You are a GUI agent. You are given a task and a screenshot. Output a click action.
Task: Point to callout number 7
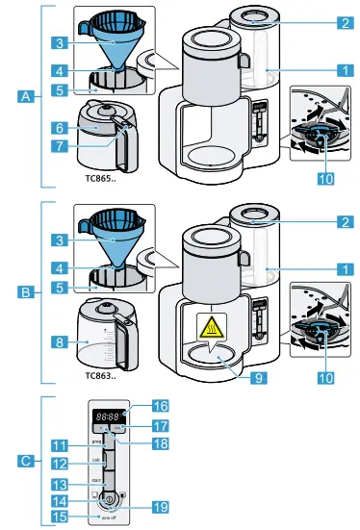pos(60,145)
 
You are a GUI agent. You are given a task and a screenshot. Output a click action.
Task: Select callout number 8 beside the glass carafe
pos(60,340)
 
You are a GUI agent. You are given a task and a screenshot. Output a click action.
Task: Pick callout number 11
pos(60,445)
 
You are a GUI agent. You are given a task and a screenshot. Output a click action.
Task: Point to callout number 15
pos(60,517)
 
